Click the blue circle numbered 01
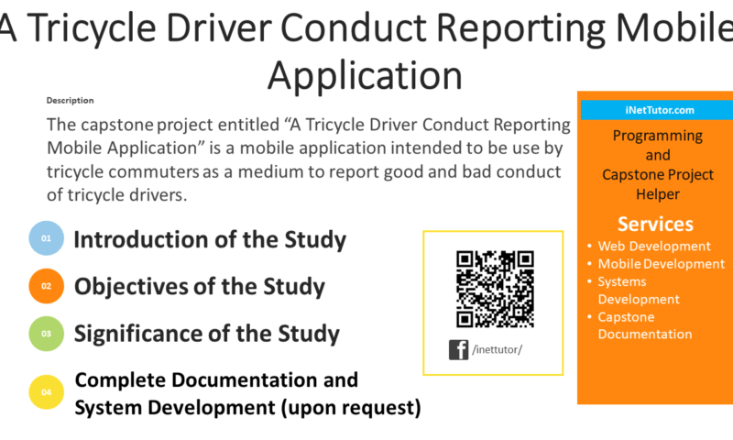[47, 238]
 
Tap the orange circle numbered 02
[47, 286]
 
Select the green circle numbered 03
[47, 334]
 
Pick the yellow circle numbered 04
[47, 391]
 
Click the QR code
[495, 289]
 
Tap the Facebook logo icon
[459, 350]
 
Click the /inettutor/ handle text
[497, 350]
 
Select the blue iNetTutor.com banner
[657, 110]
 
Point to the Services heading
[655, 224]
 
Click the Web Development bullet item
[654, 246]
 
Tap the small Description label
[71, 101]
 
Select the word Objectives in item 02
[130, 287]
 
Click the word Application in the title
[365, 75]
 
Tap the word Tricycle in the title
[91, 27]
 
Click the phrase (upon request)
[351, 408]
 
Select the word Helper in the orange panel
[658, 194]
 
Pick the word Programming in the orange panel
[658, 137]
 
